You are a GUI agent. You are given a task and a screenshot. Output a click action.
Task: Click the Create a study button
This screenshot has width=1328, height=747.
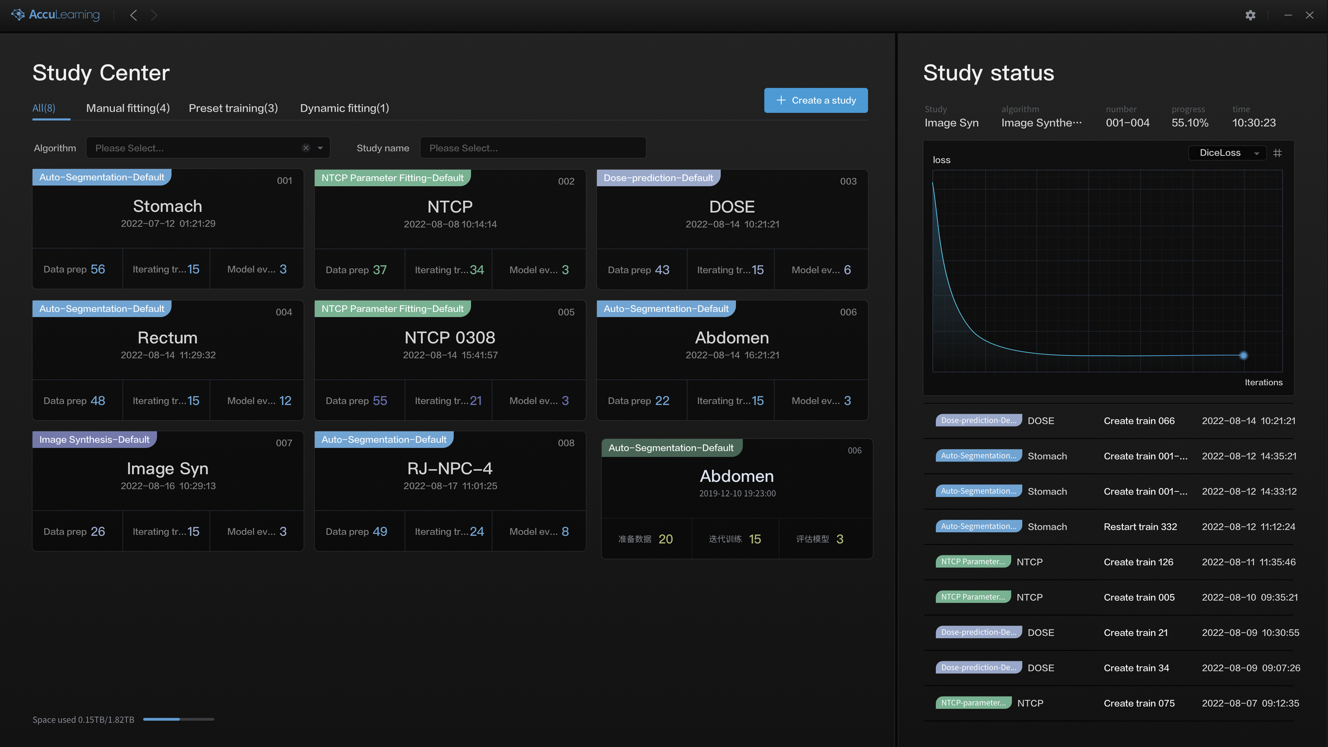pyautogui.click(x=815, y=100)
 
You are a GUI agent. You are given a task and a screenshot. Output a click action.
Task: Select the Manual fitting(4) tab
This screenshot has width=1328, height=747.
pyautogui.click(x=128, y=108)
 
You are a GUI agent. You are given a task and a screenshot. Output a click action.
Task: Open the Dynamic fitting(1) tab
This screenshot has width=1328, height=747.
pyautogui.click(x=344, y=108)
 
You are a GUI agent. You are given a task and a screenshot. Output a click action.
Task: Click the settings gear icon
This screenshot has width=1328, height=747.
pyautogui.click(x=1250, y=15)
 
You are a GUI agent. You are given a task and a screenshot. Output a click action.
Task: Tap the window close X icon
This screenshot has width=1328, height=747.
pyautogui.click(x=1309, y=15)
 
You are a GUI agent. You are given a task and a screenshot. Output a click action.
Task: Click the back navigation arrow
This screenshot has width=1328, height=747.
pyautogui.click(x=134, y=15)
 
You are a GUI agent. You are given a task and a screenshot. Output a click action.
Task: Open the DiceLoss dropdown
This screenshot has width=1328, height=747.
pyautogui.click(x=1228, y=153)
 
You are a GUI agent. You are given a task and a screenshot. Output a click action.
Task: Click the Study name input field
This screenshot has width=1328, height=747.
pyautogui.click(x=533, y=148)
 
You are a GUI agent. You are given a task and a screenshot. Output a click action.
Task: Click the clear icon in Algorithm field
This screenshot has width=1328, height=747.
pyautogui.click(x=306, y=148)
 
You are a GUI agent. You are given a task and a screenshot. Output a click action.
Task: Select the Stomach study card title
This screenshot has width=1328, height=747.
pyautogui.click(x=167, y=206)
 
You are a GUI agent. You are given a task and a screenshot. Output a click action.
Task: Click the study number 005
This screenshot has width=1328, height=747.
pyautogui.click(x=566, y=312)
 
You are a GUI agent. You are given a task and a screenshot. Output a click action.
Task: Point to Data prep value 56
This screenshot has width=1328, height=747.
pyautogui.click(x=98, y=269)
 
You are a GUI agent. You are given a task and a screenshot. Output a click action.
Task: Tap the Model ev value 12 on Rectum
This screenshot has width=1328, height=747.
pyautogui.click(x=285, y=401)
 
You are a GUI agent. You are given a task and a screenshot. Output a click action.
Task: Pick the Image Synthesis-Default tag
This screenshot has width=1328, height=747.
pyautogui.click(x=95, y=440)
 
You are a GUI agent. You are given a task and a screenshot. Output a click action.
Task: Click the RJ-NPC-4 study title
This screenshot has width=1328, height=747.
pyautogui.click(x=449, y=468)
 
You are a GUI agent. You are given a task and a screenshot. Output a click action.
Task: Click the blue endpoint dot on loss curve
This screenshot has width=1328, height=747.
pyautogui.click(x=1244, y=355)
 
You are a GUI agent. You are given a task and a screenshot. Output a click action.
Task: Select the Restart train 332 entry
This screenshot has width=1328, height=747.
pyautogui.click(x=1140, y=527)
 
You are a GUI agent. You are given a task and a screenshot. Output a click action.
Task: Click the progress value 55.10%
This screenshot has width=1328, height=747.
pyautogui.click(x=1190, y=123)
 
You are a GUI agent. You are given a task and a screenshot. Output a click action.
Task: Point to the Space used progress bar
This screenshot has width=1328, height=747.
pyautogui.click(x=178, y=719)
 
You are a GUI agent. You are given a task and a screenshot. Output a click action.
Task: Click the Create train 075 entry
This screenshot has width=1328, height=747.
pyautogui.click(x=1139, y=703)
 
